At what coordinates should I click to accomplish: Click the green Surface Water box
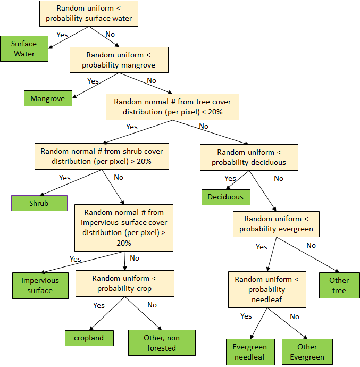(24, 49)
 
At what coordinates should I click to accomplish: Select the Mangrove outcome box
(48, 98)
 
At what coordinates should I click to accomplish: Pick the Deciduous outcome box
(225, 197)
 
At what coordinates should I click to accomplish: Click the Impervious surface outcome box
(40, 286)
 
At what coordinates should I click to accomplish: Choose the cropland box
(89, 338)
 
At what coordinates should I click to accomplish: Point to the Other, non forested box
(162, 343)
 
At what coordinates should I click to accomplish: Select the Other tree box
(339, 285)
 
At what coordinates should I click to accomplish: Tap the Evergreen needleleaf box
(250, 352)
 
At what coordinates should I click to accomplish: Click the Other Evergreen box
(307, 352)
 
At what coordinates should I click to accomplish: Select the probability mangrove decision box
(120, 60)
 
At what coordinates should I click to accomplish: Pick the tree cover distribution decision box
(173, 106)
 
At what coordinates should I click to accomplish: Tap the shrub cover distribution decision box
(102, 156)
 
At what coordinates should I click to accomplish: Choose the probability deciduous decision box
(249, 157)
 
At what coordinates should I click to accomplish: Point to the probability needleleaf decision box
(267, 289)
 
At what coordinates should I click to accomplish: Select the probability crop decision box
(125, 283)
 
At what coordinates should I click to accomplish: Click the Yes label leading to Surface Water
(62, 34)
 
